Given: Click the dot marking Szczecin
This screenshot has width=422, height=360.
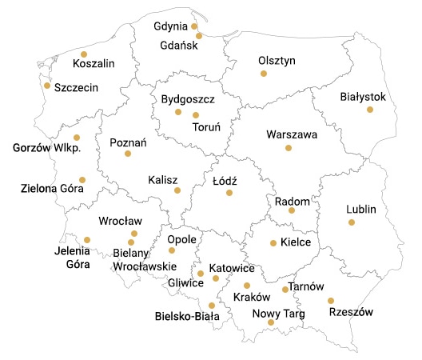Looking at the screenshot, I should click(47, 86).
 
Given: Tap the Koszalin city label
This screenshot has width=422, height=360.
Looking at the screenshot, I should click(93, 64).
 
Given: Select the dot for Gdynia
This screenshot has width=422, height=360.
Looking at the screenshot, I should click(194, 26).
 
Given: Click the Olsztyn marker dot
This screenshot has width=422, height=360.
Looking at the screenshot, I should click(263, 74).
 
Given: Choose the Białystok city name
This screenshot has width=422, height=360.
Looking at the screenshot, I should click(363, 96).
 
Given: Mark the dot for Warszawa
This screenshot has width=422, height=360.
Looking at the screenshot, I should click(289, 148).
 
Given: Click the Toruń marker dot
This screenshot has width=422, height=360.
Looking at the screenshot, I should click(196, 115).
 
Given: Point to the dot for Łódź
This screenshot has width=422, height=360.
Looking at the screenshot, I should click(229, 193).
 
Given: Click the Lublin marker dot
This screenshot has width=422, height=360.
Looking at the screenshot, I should click(352, 222).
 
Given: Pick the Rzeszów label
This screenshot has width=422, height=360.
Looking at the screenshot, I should click(352, 313).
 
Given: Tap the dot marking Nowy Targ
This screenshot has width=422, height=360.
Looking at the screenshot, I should click(271, 322).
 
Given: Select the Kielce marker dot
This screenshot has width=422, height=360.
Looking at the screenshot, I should click(273, 242).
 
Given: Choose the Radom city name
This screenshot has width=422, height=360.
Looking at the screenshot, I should click(291, 201).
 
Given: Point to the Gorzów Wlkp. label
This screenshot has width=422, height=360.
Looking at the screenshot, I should click(48, 149).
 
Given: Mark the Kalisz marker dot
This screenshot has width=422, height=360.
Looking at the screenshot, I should click(177, 190).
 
